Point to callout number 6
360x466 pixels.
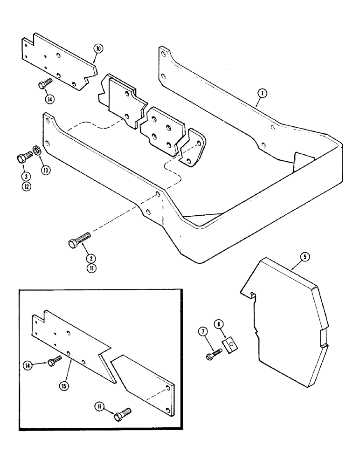click(x=219, y=323)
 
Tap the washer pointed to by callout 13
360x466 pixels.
click(x=35, y=152)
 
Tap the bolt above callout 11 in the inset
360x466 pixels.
click(x=123, y=413)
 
